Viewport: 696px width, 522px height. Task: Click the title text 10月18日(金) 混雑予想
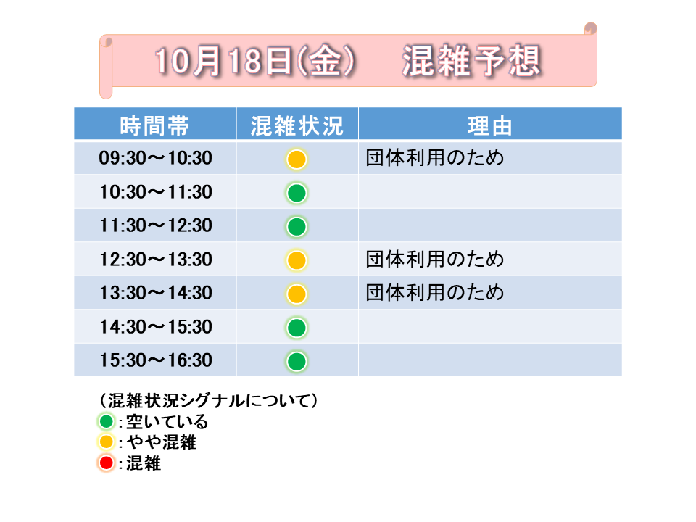tap(348, 61)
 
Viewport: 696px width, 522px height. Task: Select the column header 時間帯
tap(154, 125)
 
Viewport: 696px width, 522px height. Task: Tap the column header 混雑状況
tap(297, 125)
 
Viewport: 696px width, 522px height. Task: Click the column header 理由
tap(490, 125)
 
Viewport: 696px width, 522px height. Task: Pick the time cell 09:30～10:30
tap(155, 158)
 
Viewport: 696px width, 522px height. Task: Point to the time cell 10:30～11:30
tap(155, 191)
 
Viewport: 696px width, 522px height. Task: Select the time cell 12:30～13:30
tap(155, 260)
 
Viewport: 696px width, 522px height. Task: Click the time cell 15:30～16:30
tap(155, 360)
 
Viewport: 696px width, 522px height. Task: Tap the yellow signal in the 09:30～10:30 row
tap(297, 159)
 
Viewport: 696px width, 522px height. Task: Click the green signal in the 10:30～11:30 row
tap(297, 193)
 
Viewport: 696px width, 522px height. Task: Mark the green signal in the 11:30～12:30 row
tap(297, 227)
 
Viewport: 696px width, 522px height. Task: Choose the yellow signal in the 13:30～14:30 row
tap(297, 294)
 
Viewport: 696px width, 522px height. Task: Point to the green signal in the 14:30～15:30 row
tap(297, 328)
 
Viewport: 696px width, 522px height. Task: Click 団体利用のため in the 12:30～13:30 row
tap(435, 259)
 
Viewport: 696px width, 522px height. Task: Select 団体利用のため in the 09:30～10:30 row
tap(435, 157)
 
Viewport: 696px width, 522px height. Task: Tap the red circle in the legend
tap(107, 463)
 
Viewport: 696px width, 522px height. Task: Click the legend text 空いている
tap(167, 422)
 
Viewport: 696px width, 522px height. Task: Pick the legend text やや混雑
tap(162, 442)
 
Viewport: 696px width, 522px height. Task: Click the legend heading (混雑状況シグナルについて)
tap(208, 400)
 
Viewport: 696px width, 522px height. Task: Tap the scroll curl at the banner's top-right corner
tap(590, 28)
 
